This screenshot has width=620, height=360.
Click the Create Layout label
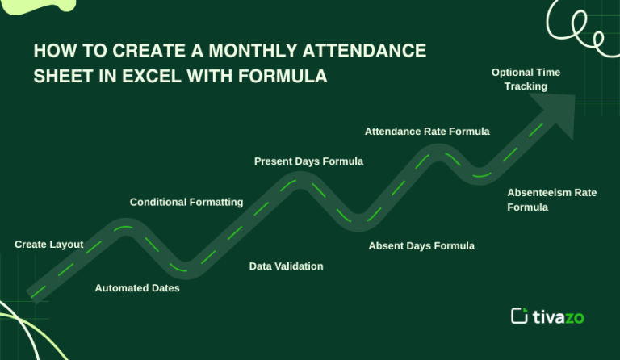48,244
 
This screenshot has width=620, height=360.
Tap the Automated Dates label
137,287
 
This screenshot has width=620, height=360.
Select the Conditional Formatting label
186,202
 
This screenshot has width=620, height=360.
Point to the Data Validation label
286,266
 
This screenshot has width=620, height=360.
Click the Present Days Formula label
308,161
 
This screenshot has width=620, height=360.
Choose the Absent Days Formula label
421,245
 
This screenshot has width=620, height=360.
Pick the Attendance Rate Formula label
427,131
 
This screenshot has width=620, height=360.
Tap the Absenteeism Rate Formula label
551,199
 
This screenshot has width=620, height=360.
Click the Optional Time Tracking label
526,79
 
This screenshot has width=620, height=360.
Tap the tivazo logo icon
519,316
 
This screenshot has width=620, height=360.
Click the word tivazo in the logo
558,316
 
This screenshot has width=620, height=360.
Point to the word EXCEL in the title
149,77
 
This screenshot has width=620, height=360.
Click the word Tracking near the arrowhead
526,86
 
